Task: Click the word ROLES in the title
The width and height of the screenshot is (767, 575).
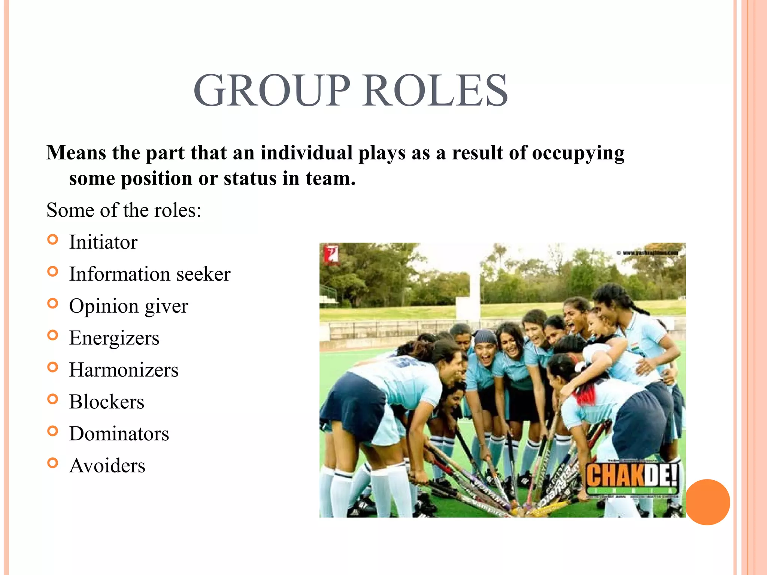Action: (435, 91)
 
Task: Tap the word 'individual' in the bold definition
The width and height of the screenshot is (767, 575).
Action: (306, 153)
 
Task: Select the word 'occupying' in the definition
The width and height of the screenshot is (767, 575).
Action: (578, 153)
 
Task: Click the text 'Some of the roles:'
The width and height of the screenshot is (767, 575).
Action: (124, 210)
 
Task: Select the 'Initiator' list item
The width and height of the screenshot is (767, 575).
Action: (103, 242)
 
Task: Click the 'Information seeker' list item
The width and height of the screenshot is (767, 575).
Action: (150, 274)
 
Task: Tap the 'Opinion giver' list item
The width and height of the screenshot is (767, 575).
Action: (128, 306)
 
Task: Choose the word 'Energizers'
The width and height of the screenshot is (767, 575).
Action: (114, 338)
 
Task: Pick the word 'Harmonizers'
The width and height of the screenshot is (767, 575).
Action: (124, 370)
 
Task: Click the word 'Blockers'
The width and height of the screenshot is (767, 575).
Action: (107, 402)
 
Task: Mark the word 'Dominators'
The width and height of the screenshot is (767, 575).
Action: (119, 434)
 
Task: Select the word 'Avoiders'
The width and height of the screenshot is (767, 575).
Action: (107, 466)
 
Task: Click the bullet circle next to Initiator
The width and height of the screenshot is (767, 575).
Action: (53, 240)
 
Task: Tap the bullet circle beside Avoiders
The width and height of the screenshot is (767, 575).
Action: (53, 463)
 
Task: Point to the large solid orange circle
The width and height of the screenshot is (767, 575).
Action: (707, 502)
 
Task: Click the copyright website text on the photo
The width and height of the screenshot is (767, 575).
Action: (647, 253)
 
